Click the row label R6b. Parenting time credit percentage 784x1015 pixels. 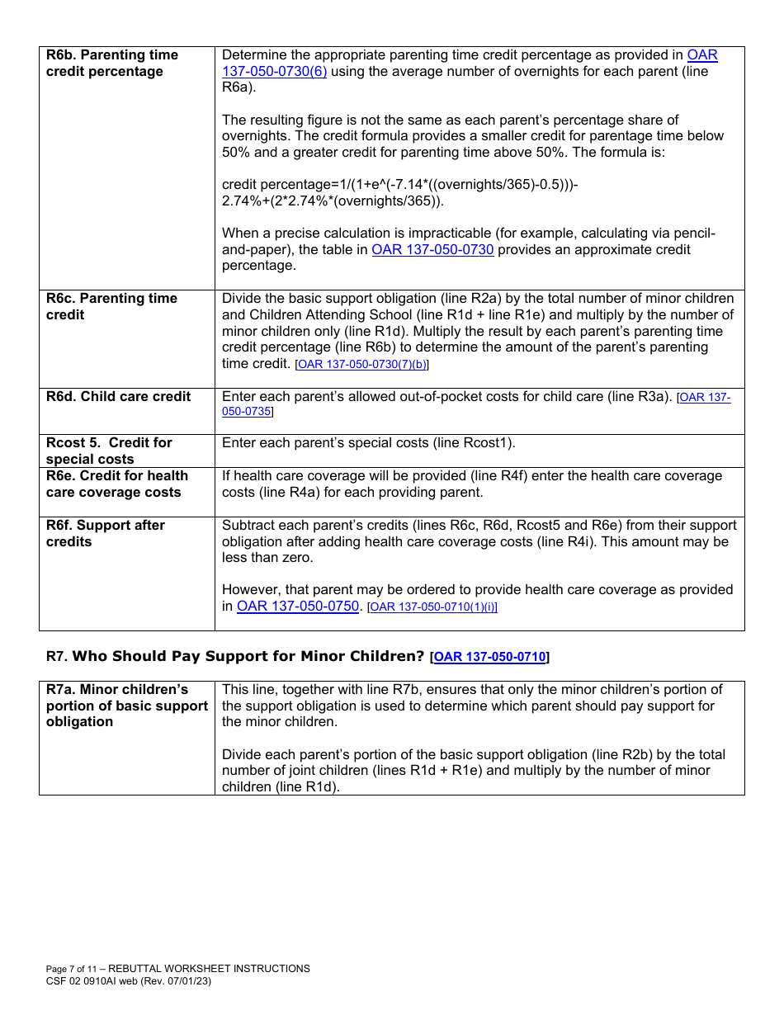tap(111, 63)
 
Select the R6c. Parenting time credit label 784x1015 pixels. tap(111, 306)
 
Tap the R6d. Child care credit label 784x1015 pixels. tap(118, 396)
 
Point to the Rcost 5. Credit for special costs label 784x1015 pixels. tap(109, 451)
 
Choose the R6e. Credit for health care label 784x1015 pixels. tap(116, 484)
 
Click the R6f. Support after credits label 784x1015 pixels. tap(105, 533)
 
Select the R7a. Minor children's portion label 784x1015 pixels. tap(126, 706)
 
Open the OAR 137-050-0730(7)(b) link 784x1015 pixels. tap(362, 364)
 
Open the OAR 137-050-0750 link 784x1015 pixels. tap(298, 607)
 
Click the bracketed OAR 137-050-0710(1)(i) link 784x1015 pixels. tap(432, 607)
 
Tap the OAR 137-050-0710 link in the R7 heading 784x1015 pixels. tap(489, 657)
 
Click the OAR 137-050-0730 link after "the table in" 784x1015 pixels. tap(432, 250)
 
